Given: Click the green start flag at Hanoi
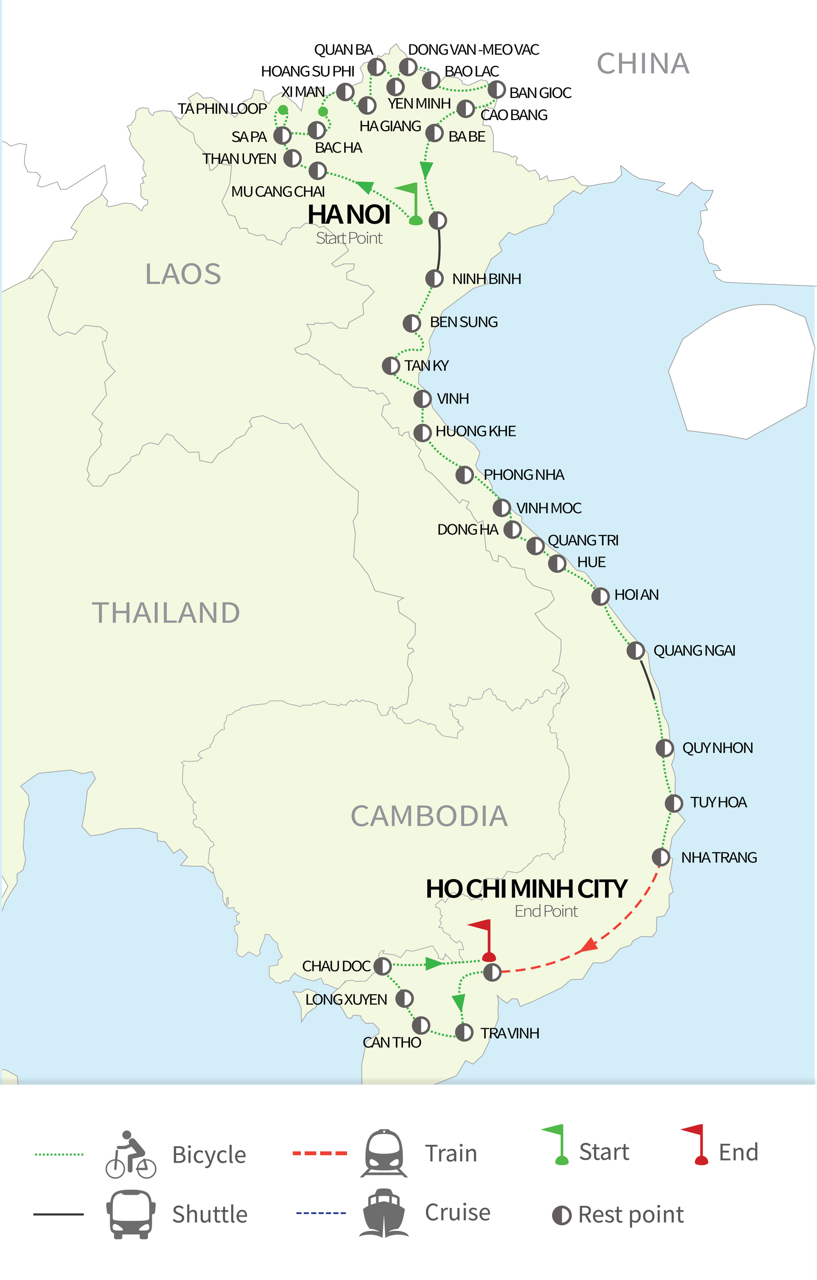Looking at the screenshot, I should click(411, 202).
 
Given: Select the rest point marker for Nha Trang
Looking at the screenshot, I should click(661, 857).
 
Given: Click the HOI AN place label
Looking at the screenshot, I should click(636, 595).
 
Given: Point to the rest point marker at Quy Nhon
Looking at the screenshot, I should click(664, 748).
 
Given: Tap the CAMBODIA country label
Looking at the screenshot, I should click(429, 816).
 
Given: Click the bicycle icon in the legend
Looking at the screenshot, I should click(131, 1154).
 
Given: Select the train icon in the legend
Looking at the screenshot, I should click(384, 1153).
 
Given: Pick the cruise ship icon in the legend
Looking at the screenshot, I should click(384, 1213).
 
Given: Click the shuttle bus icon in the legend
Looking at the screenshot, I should click(131, 1214).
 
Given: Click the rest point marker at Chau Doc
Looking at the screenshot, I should click(382, 966).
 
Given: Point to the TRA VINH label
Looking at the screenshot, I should click(509, 1033).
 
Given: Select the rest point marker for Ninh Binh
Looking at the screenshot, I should click(434, 279).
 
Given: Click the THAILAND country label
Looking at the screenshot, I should click(166, 612).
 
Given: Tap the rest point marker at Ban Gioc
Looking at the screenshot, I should click(496, 90).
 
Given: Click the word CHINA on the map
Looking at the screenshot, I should click(643, 64).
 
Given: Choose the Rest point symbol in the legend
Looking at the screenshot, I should click(561, 1215).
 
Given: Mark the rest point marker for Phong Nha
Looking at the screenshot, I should click(465, 475).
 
